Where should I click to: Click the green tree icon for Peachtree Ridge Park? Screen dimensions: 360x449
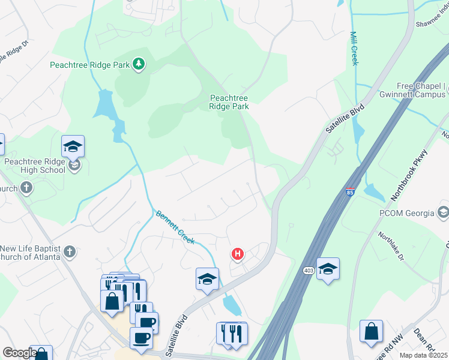pyautogui.click(x=139, y=64)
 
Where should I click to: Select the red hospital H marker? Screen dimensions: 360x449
pyautogui.click(x=238, y=254)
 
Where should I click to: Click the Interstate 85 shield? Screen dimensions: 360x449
pyautogui.click(x=350, y=193)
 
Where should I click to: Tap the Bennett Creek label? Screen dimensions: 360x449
pyautogui.click(x=175, y=227)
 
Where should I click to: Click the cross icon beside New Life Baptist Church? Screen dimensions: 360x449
pyautogui.click(x=70, y=251)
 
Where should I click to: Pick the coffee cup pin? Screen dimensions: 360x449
pyautogui.click(x=141, y=337)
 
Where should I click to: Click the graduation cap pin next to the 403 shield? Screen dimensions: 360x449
pyautogui.click(x=328, y=269)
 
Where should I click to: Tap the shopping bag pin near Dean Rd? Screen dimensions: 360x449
pyautogui.click(x=371, y=331)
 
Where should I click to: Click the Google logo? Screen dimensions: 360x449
pyautogui.click(x=19, y=353)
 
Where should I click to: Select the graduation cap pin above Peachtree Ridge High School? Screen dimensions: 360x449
pyautogui.click(x=73, y=146)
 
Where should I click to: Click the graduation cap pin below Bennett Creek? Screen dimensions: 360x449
pyautogui.click(x=207, y=279)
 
